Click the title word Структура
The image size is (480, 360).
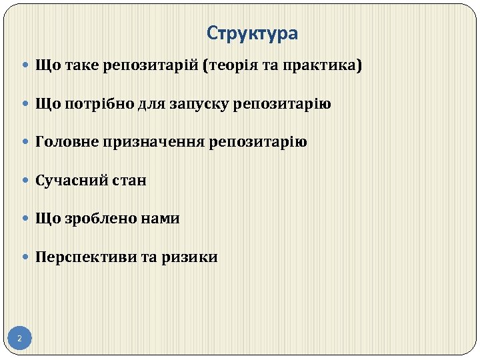coord(252,33)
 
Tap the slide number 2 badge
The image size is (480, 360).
coord(19,339)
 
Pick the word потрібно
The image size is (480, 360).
coord(97,105)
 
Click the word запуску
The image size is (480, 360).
coord(201,105)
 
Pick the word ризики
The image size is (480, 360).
coord(189,257)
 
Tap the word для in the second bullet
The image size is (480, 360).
coord(151,105)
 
